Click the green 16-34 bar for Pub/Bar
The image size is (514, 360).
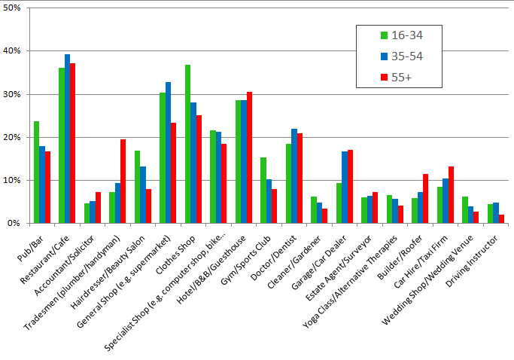[36, 172]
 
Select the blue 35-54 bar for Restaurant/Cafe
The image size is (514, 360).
[67, 139]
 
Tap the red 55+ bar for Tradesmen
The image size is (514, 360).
[123, 182]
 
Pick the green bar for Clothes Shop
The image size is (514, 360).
[187, 144]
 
